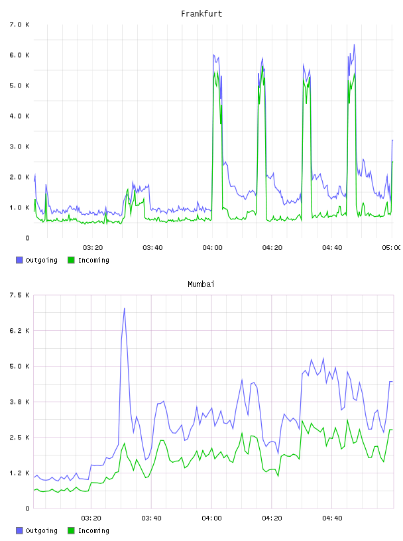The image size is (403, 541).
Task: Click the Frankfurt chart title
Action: [x=201, y=14]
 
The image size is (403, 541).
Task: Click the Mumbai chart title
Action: [x=201, y=284]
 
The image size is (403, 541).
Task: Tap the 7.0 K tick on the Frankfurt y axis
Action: [x=19, y=25]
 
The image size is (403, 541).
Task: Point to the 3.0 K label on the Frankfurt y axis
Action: [x=19, y=147]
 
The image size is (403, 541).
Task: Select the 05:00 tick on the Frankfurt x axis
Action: [x=392, y=248]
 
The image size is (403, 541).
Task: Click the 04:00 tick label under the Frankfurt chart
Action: [x=213, y=248]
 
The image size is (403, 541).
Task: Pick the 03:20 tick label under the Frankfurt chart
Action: [x=93, y=248]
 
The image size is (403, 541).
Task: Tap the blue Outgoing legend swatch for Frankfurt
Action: [x=19, y=260]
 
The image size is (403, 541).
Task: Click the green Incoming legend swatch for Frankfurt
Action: [x=71, y=260]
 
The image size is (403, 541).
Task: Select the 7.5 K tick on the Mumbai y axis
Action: [x=19, y=295]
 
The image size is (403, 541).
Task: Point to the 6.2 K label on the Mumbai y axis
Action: [x=19, y=331]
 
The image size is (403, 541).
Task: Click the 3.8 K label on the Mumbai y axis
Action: [x=19, y=402]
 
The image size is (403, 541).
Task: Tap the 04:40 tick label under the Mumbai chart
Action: [x=332, y=518]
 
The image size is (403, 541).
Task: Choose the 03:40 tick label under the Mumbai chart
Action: [x=152, y=518]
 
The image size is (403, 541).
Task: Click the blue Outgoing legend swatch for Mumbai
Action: [x=19, y=530]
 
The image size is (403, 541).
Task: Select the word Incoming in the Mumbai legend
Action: [x=93, y=530]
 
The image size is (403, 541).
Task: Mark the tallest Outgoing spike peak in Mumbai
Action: [x=124, y=308]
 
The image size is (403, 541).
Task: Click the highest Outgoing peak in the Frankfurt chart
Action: [x=354, y=44]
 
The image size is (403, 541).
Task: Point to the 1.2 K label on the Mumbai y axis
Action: [x=19, y=473]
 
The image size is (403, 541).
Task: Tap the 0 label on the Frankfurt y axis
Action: [x=28, y=238]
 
